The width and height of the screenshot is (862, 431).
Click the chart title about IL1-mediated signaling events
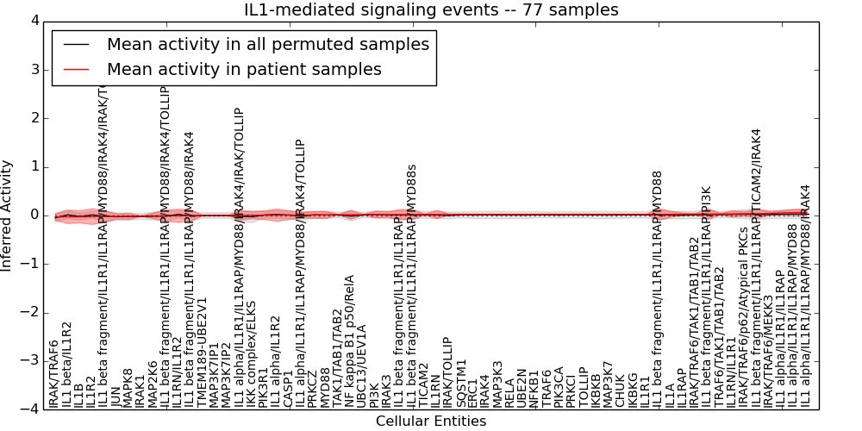pyautogui.click(x=431, y=10)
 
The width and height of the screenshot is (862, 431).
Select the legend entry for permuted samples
pyautogui.click(x=267, y=44)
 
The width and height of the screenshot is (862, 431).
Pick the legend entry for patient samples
pyautogui.click(x=244, y=69)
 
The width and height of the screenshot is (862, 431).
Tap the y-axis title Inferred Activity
pyautogui.click(x=7, y=215)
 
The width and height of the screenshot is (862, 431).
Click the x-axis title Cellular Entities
pyautogui.click(x=431, y=422)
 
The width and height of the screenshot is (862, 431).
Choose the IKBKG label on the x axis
pyautogui.click(x=633, y=388)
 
